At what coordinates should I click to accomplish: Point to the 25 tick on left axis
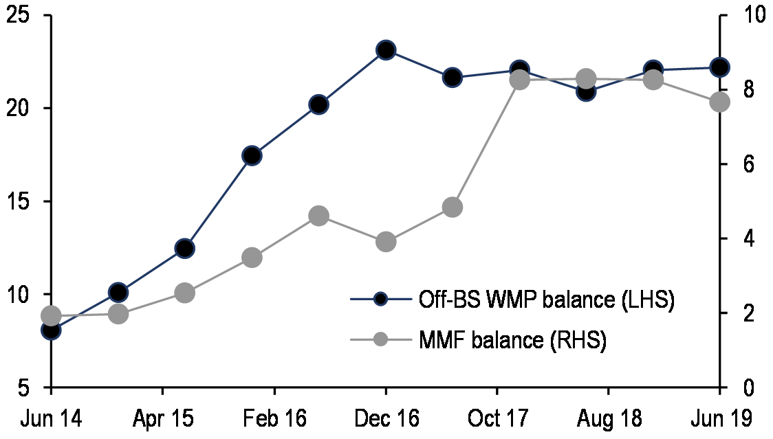click(20, 16)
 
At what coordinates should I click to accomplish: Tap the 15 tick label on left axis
click(20, 202)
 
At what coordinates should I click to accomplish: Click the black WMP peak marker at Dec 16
click(385, 50)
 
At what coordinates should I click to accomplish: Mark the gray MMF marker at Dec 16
click(385, 242)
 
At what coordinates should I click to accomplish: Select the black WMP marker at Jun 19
click(719, 67)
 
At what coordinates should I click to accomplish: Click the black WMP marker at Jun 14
click(51, 330)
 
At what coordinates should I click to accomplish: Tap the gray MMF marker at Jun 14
click(51, 316)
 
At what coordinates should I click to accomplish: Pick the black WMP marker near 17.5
click(252, 156)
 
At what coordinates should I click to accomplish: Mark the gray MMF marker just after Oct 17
click(519, 80)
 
